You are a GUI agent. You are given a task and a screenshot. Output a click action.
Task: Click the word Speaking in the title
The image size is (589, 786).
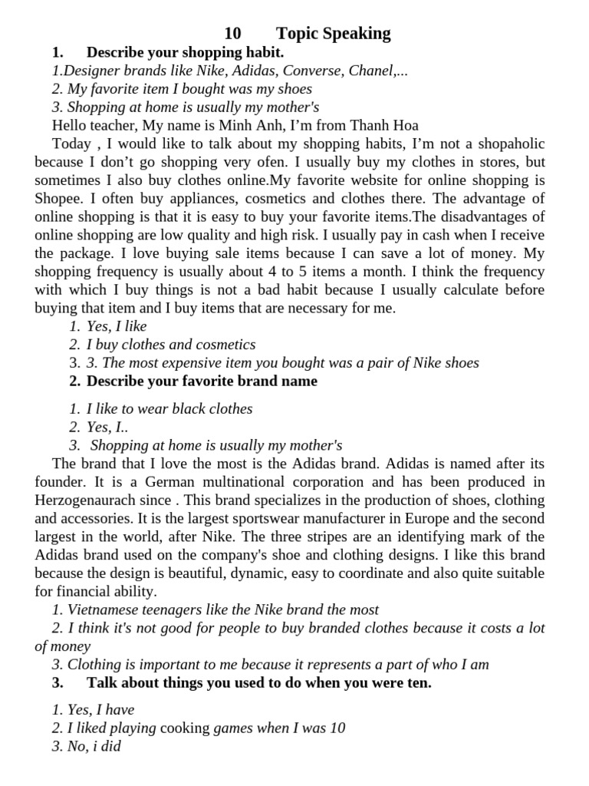[357, 34]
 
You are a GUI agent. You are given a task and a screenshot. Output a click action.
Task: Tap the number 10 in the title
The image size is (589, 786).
[232, 34]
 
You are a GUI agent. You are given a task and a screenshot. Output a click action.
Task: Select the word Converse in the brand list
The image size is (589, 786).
[312, 71]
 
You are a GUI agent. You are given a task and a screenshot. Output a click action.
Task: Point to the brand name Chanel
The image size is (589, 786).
[373, 71]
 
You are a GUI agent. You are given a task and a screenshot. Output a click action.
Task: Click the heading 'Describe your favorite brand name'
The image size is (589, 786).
[202, 381]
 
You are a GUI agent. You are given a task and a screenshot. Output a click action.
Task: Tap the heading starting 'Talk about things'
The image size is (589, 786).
[258, 683]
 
